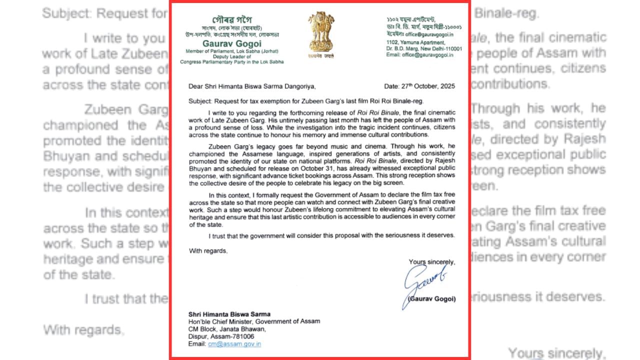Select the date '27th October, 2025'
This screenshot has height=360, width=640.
pos(419,86)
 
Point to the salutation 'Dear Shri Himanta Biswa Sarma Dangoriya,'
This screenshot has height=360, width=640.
pos(252,86)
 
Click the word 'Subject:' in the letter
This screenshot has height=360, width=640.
pos(200,101)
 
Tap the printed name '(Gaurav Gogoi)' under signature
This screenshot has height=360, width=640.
pos(431,299)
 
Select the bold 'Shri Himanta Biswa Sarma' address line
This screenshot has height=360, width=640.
pos(229,314)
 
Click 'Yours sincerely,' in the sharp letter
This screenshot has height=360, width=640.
pos(431,261)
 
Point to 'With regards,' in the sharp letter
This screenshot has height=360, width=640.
pos(208,250)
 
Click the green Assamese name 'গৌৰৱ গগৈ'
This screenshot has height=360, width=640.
pos(232,19)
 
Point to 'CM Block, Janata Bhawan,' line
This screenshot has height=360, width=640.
pos(227,329)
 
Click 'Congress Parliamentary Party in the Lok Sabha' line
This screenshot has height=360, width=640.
pos(231,61)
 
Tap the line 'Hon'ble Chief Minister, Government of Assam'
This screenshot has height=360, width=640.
pos(254,321)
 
